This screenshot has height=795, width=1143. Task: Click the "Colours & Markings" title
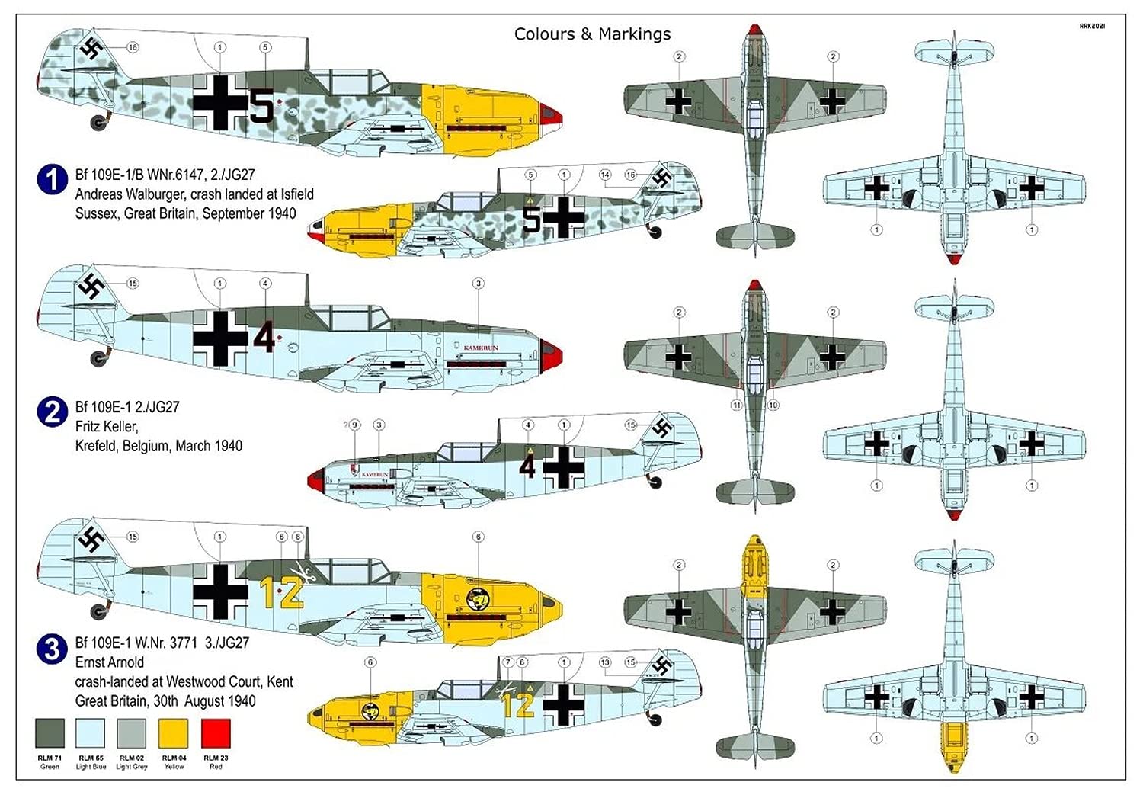(592, 34)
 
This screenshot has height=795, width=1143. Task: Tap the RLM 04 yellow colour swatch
(173, 733)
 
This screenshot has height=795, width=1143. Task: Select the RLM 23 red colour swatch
(216, 733)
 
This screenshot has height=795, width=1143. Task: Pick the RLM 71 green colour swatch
(50, 733)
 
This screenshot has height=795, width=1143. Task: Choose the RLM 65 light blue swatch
(91, 733)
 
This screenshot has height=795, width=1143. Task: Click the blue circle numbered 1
(52, 180)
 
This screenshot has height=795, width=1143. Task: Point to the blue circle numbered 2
(52, 412)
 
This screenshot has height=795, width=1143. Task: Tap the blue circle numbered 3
(52, 649)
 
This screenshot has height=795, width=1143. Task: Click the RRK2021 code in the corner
(1091, 26)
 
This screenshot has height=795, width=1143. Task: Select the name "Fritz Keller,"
(107, 426)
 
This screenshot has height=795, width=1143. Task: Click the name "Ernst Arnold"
(109, 662)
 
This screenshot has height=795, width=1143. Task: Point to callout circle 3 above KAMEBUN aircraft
(479, 284)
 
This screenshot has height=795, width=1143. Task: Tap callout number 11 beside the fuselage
(736, 405)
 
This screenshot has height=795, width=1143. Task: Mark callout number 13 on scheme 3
(604, 662)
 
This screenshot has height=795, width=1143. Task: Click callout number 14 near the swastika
(604, 175)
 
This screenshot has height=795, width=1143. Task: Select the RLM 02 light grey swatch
(132, 733)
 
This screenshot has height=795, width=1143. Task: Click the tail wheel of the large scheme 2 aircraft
(99, 357)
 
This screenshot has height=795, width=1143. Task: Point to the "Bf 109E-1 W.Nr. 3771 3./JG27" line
(162, 643)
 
